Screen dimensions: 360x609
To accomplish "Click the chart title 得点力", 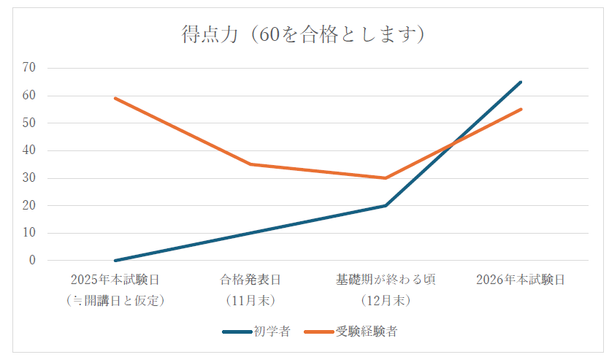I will tap(303, 34).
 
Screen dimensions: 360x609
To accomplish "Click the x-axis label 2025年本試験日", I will tap(115, 280).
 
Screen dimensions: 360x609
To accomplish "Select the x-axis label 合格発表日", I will tap(250, 280).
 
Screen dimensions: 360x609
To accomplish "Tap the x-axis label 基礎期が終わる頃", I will tap(386, 280).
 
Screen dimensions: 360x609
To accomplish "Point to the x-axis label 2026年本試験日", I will tap(521, 280).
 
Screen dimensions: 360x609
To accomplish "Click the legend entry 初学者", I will tap(272, 332).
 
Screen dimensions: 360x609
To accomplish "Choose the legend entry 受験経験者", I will tap(367, 332).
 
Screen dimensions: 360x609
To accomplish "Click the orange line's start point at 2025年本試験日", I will tap(115, 98).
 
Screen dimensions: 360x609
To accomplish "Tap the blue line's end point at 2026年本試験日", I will tap(521, 82).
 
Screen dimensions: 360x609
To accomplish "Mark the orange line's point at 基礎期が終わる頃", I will tap(386, 177).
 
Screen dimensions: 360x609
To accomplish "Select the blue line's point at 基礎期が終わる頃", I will tap(386, 205).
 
